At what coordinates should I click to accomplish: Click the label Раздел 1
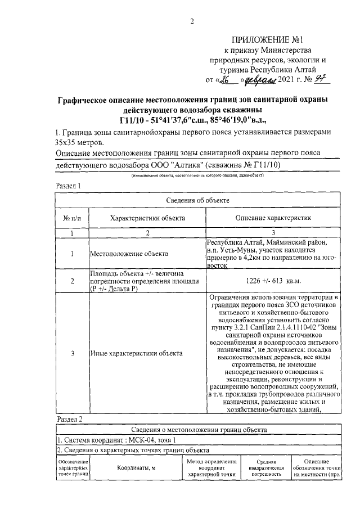coord(69,185)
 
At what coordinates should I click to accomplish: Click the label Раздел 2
coord(70,419)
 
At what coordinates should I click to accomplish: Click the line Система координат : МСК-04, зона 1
coord(120,440)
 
